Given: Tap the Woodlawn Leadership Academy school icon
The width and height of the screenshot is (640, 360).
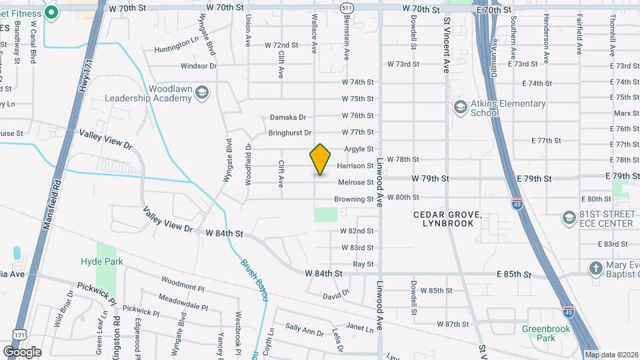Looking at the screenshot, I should pos(201,93).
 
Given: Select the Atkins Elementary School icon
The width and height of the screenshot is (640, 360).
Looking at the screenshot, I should pos(460,107).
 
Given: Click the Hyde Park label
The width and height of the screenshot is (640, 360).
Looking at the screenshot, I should pos(102,261).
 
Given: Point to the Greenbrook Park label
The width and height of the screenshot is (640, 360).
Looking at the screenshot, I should pos(539,333).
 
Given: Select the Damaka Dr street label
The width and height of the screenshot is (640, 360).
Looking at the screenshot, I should pos(287,117).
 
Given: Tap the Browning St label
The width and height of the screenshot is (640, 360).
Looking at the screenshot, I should pos(354,199).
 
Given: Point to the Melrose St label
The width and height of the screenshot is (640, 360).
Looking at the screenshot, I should pos(355,183).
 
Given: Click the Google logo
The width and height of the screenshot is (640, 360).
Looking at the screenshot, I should pos(22,351).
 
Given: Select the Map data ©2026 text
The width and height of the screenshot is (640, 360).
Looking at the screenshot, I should pos(611,355).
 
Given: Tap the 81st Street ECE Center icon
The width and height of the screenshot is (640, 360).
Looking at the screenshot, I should pos(569,218).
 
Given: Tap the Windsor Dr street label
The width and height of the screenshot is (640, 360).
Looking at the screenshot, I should pos(199,66).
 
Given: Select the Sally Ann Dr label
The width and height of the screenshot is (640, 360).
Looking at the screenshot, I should pos(305,329).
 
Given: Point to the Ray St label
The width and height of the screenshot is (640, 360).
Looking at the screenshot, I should pos(363,265).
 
